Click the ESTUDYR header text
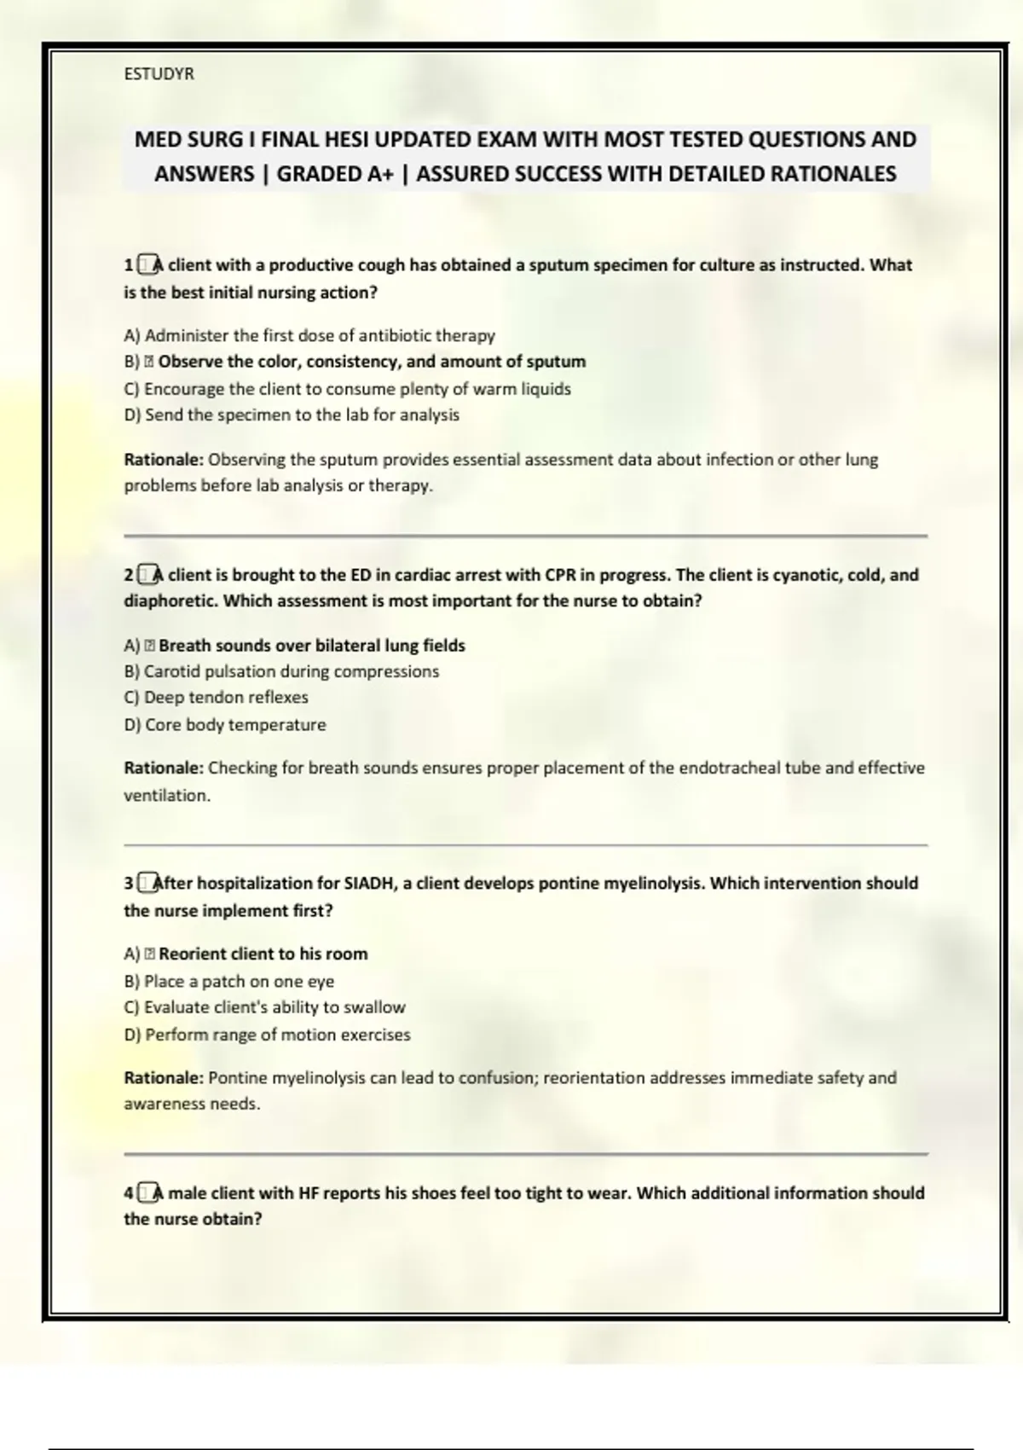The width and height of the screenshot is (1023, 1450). [x=159, y=74]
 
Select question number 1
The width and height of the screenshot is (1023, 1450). [x=129, y=265]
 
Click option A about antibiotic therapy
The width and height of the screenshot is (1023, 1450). [x=309, y=335]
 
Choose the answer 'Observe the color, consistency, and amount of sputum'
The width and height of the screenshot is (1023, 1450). [x=372, y=362]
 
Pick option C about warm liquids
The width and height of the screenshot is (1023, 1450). [x=347, y=389]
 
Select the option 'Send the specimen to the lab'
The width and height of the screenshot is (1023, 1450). [x=292, y=415]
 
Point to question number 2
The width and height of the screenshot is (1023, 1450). [x=129, y=575]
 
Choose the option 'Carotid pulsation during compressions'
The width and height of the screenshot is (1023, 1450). [x=281, y=671]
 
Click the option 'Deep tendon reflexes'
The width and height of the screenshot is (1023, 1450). [x=216, y=698]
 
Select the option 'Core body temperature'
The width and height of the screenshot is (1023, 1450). [x=225, y=725]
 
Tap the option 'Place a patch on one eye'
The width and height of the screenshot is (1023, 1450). [x=228, y=981]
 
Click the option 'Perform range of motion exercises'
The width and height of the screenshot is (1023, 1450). [x=267, y=1035]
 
